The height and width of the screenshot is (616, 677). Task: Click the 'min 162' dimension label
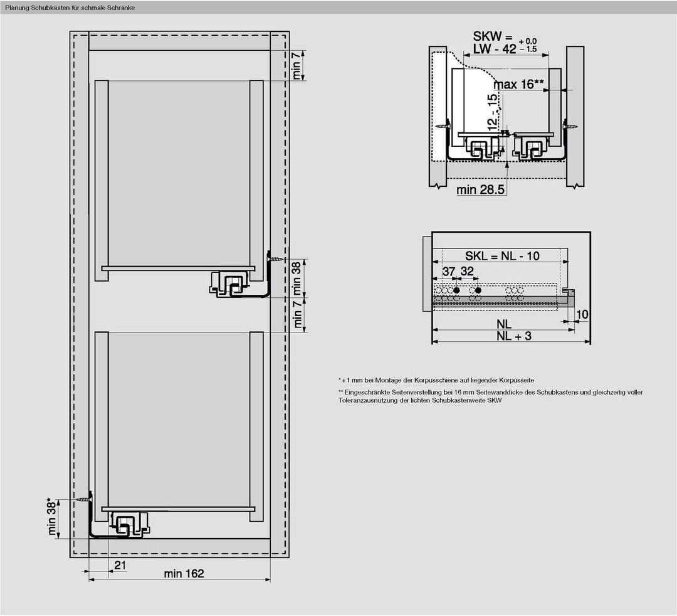[x=184, y=573]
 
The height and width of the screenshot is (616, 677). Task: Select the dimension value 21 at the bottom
[x=120, y=565]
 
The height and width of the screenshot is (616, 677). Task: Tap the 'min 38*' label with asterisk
[x=52, y=518]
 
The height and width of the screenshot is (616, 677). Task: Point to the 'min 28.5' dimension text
[x=481, y=190]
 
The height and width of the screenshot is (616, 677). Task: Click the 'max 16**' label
[x=518, y=85]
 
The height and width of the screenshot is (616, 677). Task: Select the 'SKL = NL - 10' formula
[x=502, y=256]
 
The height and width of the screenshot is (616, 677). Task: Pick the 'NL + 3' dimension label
[x=513, y=336]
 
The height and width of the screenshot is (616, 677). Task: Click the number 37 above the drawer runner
[x=448, y=271]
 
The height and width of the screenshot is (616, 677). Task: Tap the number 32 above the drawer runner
[x=467, y=271]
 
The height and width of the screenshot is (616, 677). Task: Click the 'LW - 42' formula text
[x=495, y=49]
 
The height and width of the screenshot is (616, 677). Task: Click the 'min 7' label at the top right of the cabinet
[x=297, y=65]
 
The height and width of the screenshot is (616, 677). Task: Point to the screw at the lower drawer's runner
[x=84, y=499]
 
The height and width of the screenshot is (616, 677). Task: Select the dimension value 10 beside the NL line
[x=582, y=314]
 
